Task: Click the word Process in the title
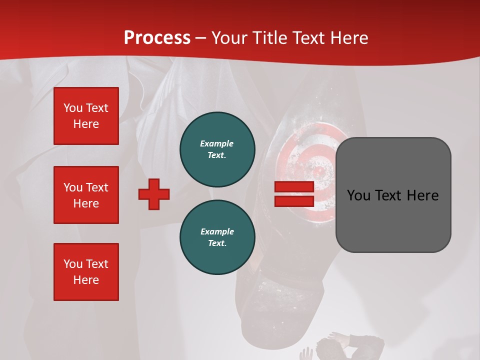point(157,37)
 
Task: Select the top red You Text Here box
point(86,116)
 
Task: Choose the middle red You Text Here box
point(86,195)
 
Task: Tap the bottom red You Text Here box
point(86,272)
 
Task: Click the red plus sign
point(154,194)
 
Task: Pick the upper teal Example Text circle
point(217,149)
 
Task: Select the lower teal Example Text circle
point(217,237)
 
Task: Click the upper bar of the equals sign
point(294,187)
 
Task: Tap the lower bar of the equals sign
point(294,201)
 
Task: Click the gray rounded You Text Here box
point(393,194)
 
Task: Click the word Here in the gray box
point(422,195)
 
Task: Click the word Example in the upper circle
point(217,143)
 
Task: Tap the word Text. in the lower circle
point(217,243)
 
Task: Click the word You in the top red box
point(72,108)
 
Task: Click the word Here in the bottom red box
point(86,280)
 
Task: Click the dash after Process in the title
point(201,38)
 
